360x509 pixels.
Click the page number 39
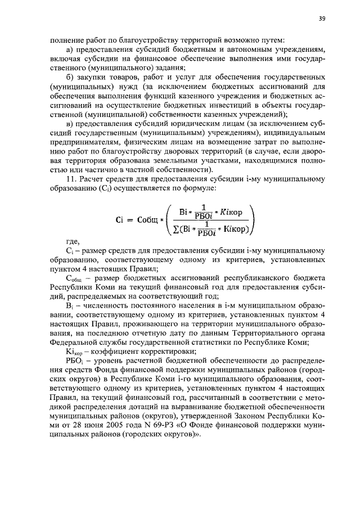(x=322, y=19)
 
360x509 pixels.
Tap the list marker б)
(x=69, y=76)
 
